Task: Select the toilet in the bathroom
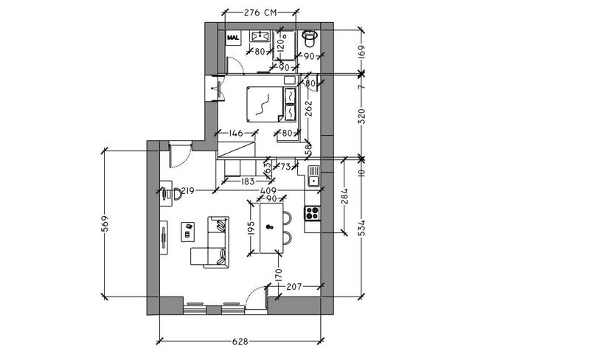[x=310, y=36]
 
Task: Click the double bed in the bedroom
[x=263, y=104]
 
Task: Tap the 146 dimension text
[x=236, y=134]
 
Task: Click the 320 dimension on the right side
[x=361, y=115]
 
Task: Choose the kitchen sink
[x=313, y=177]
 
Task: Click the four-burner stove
[x=312, y=214]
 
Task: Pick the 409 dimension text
[x=257, y=190]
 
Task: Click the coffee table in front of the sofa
[x=188, y=231]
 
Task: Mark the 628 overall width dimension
[x=240, y=342]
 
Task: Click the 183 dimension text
[x=247, y=181]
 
